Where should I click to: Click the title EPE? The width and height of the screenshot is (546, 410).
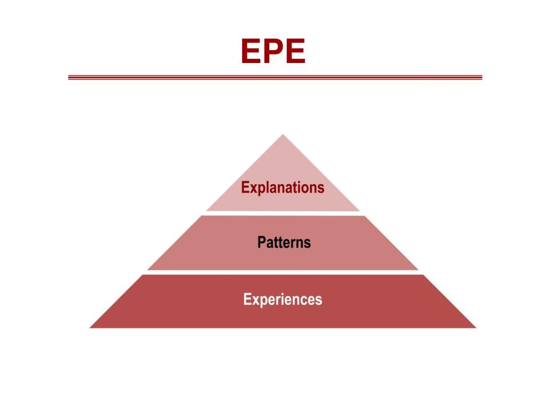tap(273, 52)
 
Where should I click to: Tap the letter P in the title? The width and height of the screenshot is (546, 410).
tap(273, 52)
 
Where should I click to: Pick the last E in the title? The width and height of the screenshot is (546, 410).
tap(295, 52)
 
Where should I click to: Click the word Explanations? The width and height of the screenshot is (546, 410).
tap(283, 188)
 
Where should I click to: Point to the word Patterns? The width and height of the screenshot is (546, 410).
tap(284, 242)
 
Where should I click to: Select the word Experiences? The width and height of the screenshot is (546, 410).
tap(283, 299)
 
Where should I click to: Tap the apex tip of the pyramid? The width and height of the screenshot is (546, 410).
tap(283, 135)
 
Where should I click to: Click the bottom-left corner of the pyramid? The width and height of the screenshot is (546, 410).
tap(91, 327)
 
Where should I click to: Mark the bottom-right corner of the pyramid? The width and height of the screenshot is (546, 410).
tap(475, 327)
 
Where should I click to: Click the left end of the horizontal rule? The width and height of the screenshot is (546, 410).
tap(69, 77)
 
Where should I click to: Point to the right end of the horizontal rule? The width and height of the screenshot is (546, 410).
tap(481, 77)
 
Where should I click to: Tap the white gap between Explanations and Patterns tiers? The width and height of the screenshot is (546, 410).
tap(283, 214)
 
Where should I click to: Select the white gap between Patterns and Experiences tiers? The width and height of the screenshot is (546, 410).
tap(283, 272)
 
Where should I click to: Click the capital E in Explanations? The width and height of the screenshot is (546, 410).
tap(245, 188)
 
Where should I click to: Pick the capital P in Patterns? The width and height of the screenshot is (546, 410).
tap(261, 242)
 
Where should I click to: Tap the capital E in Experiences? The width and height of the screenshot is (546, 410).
tap(247, 299)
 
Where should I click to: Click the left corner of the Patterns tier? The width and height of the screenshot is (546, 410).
tap(149, 269)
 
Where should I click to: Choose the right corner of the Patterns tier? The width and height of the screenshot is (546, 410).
tap(417, 269)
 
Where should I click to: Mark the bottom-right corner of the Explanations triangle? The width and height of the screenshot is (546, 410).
tap(359, 210)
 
